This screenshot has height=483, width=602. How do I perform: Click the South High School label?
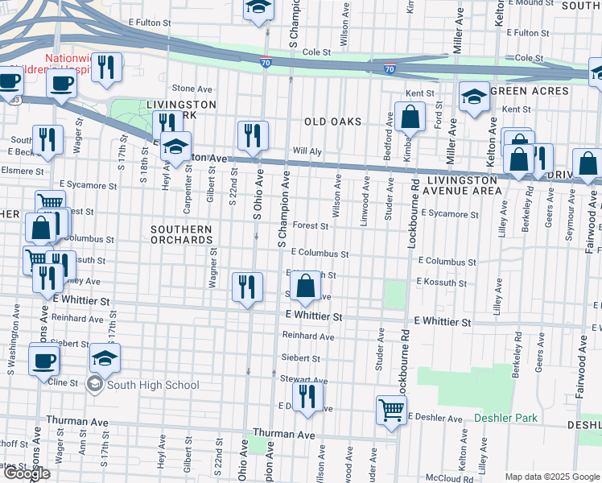coord(152,385)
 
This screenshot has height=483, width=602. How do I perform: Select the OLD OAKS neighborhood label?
coord(332,122)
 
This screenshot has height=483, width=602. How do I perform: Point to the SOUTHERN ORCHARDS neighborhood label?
coord(181,234)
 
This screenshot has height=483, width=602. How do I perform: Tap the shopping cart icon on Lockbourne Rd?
coord(391,410)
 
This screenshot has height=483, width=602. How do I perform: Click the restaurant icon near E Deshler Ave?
coord(307,397)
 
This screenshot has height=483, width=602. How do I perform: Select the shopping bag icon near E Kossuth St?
coord(306,287)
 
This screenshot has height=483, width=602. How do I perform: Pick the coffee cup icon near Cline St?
coord(44,360)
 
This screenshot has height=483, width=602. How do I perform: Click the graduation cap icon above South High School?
coord(105,357)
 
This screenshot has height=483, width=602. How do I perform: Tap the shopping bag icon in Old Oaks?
coord(410,117)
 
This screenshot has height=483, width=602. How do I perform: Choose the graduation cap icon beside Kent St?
coord(474,97)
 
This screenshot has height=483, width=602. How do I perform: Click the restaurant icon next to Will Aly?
coord(253,135)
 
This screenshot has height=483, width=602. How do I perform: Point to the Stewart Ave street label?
coord(304,380)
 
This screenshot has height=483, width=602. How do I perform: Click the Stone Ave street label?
coord(192,89)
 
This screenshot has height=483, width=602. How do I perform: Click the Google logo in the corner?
coord(27,473)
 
